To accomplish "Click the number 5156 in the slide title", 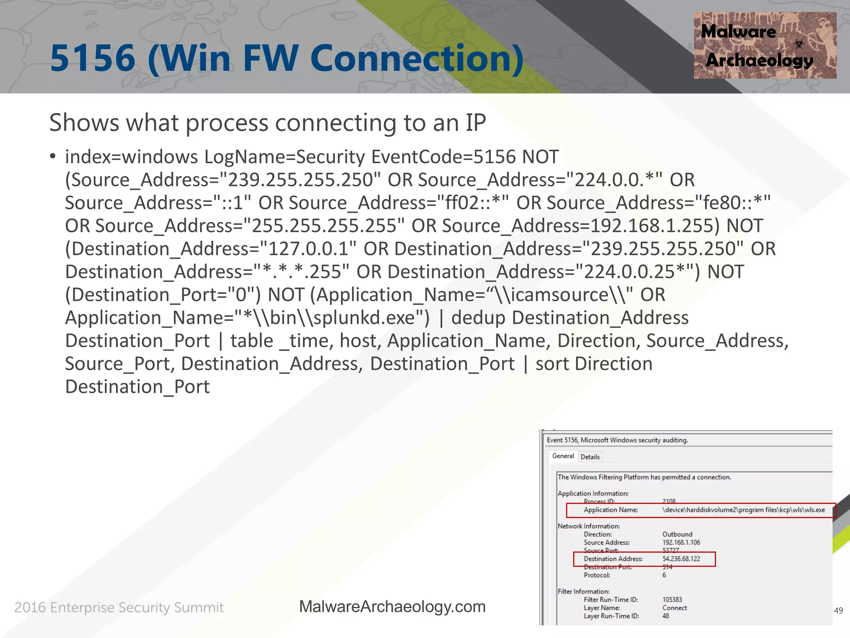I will (93, 58).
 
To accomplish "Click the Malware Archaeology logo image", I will (765, 45).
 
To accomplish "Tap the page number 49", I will (838, 610).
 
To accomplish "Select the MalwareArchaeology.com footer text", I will (392, 606).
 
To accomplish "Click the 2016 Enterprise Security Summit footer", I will (119, 607).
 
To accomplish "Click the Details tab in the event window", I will (590, 457).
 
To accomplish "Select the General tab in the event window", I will (563, 456).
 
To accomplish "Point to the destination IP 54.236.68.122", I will (681, 559).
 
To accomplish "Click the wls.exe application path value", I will (743, 510).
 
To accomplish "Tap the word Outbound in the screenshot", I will (677, 534).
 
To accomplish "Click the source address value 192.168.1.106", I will (681, 542).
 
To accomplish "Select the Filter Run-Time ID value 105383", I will (672, 599).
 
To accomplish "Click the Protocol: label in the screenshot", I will (597, 575).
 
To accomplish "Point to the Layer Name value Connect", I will (674, 608).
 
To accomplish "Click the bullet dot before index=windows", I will (53, 157).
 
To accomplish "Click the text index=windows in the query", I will (131, 157).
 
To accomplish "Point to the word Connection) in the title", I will (417, 58).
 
